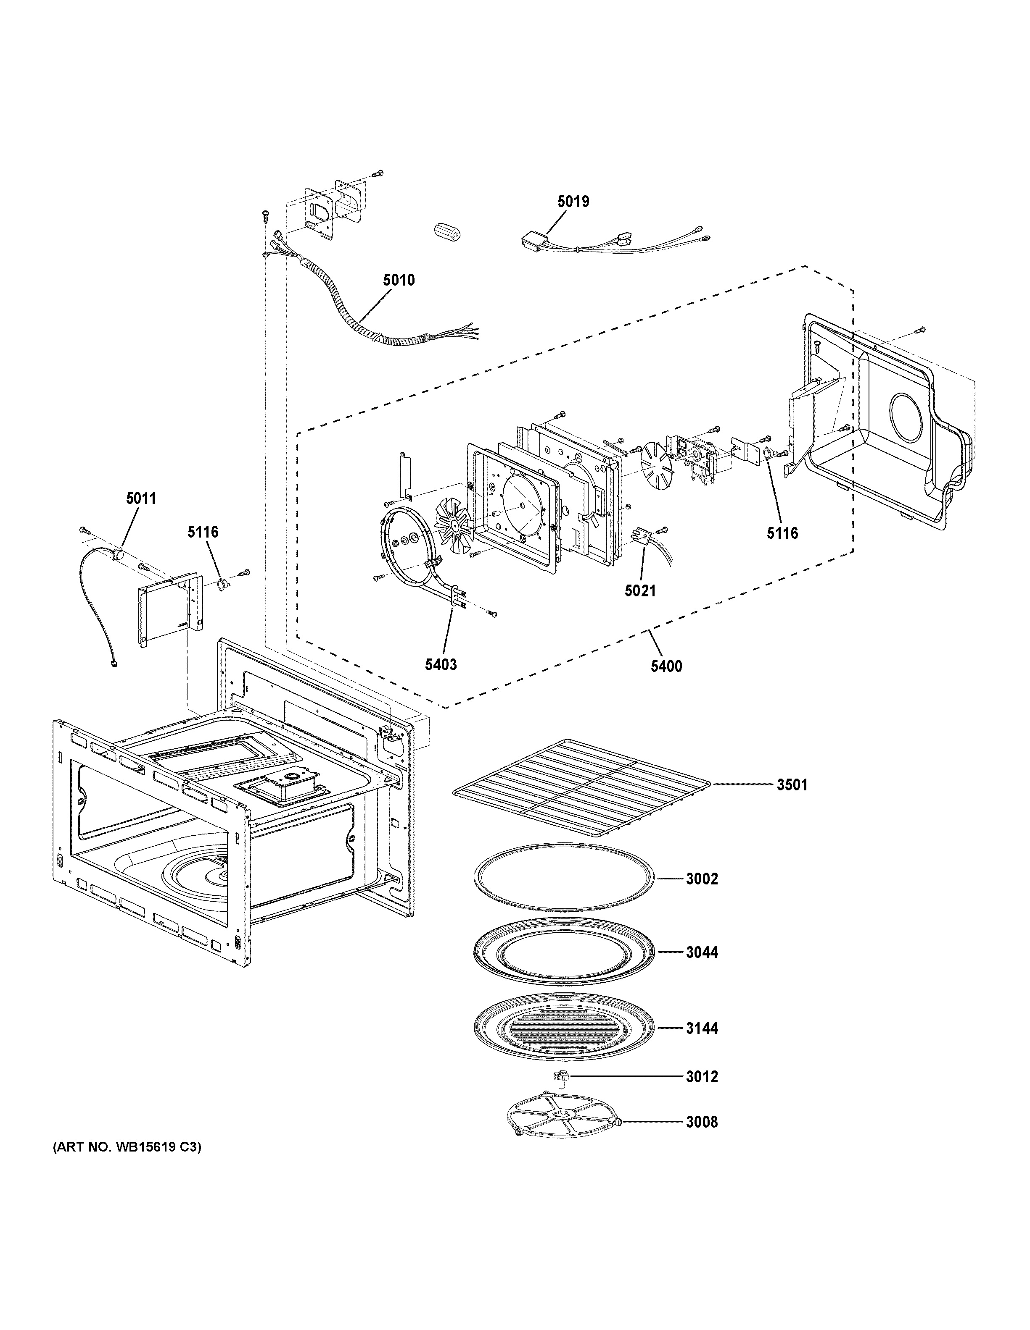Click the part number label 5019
573,201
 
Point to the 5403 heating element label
441,664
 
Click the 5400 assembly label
666,666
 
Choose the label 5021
640,590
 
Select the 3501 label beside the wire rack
792,785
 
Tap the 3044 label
702,952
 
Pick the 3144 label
702,1028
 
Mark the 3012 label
702,1077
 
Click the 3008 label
702,1122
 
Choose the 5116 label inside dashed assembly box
782,533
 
